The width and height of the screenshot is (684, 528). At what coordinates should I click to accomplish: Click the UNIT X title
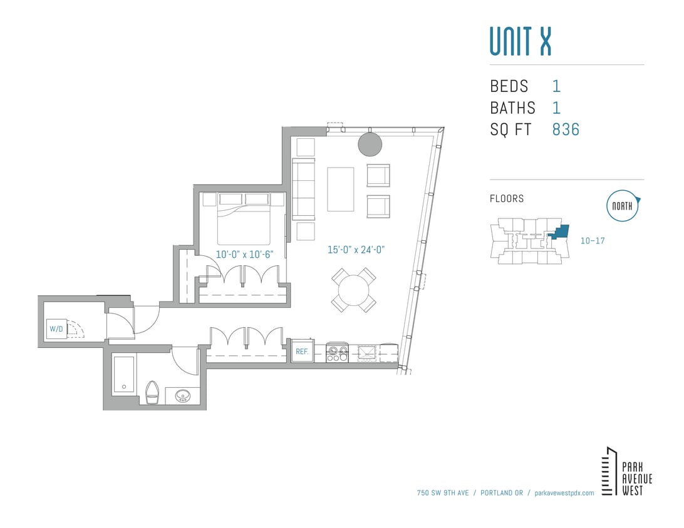click(520, 41)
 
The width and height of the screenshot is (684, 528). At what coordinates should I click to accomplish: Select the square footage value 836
click(566, 129)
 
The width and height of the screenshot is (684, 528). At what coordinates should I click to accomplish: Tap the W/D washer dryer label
click(55, 328)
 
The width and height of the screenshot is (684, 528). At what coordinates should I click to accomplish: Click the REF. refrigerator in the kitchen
click(302, 352)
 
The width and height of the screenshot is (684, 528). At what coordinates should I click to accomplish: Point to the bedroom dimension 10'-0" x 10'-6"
click(248, 255)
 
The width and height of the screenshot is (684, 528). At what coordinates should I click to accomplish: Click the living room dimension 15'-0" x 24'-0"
click(356, 250)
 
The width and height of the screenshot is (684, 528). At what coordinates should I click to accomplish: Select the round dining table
click(354, 290)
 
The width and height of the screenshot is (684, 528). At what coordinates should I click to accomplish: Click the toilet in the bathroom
click(153, 392)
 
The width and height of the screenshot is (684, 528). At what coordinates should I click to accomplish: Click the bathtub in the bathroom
click(123, 375)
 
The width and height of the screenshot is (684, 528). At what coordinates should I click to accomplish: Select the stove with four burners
click(338, 353)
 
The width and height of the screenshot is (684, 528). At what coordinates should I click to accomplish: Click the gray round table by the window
click(370, 145)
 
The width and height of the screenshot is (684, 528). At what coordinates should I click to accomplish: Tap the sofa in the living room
click(303, 189)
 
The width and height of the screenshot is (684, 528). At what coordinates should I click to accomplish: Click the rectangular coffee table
click(340, 189)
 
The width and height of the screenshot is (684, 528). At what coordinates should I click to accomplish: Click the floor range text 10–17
click(592, 240)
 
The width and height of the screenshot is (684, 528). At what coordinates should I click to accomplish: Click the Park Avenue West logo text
click(636, 479)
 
